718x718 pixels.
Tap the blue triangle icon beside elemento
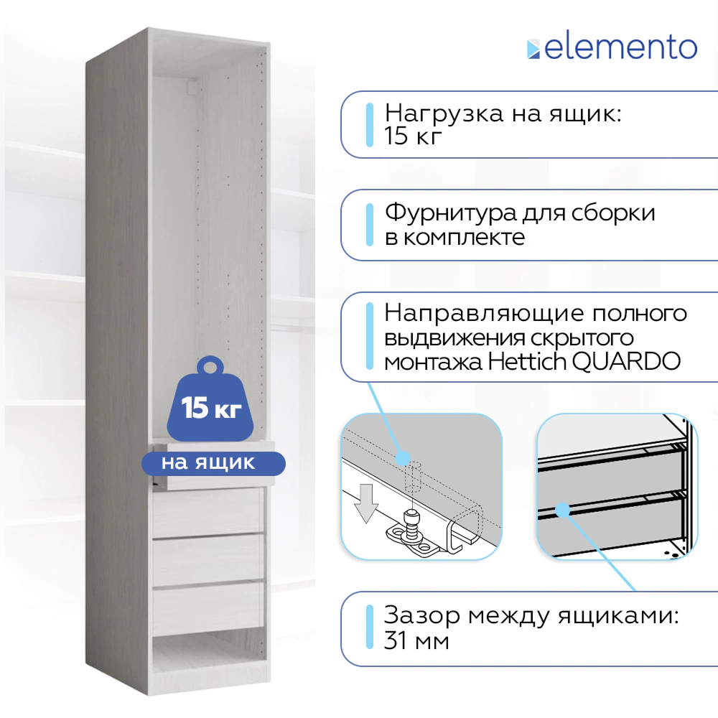tap(533, 50)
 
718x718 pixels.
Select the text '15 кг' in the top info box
tap(413, 136)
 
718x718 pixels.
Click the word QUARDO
tap(626, 362)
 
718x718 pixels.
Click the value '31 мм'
tap(416, 640)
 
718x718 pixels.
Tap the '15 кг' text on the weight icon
tap(211, 407)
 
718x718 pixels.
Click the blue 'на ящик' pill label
tap(213, 463)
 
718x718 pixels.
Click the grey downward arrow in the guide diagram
tap(366, 503)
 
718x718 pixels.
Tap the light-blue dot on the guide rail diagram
tap(403, 458)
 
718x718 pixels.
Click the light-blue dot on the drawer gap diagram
tap(563, 510)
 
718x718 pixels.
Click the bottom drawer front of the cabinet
tap(208, 609)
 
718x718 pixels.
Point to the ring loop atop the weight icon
tap(210, 367)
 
